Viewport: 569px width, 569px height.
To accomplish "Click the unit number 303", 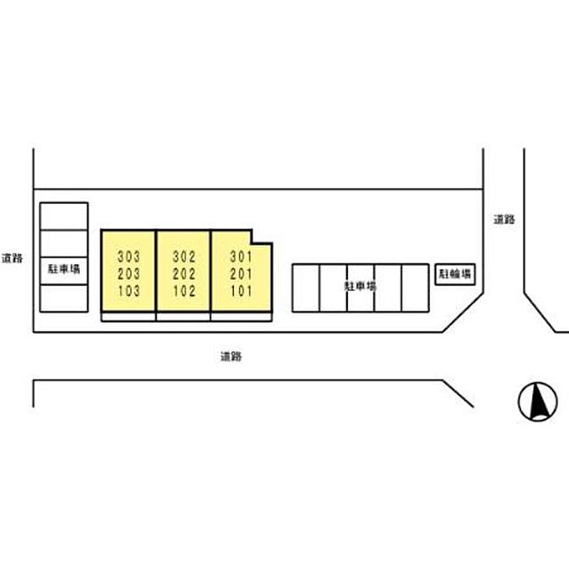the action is (128, 257).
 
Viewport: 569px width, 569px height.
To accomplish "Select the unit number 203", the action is (128, 274).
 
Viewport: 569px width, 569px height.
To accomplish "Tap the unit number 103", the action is (128, 291).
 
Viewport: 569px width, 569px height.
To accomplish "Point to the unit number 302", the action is (184, 257).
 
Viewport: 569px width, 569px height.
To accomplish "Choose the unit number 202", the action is (184, 274).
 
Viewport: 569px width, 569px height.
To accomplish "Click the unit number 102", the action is (185, 291).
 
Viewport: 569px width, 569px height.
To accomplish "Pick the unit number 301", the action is (241, 257).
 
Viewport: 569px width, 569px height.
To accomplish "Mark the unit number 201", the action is (241, 274).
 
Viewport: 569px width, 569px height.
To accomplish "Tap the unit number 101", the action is (241, 291).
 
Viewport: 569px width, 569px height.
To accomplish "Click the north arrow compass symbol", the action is (538, 402).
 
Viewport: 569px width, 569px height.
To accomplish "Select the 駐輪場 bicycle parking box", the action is (455, 275).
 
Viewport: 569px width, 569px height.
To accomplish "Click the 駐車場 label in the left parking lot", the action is (64, 269).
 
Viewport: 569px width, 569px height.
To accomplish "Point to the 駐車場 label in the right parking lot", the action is (360, 286).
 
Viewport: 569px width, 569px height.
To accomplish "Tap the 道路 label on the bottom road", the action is (231, 357).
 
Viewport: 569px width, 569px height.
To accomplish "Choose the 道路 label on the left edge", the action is (12, 258).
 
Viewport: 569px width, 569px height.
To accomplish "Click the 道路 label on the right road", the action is (504, 219).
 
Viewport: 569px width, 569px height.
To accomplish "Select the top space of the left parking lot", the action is (64, 216).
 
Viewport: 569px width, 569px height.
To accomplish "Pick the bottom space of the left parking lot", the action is (64, 298).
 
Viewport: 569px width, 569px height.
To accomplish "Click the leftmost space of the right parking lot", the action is (306, 288).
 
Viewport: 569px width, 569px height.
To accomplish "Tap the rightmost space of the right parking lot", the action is (415, 288).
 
